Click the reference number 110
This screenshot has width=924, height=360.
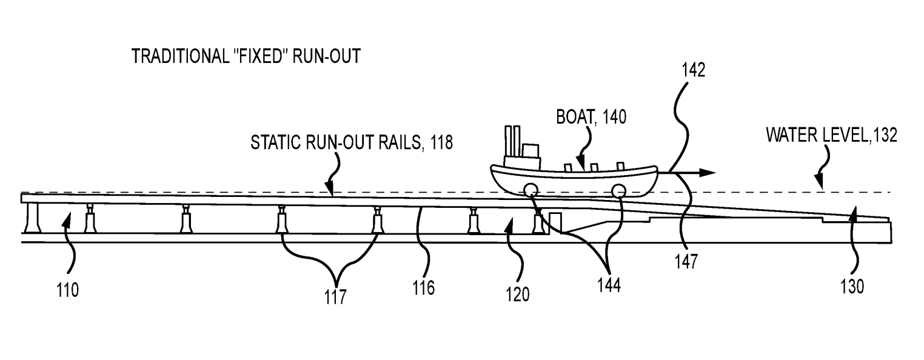[67, 290]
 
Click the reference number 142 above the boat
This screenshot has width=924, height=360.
[694, 70]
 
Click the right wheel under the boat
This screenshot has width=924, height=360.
[619, 191]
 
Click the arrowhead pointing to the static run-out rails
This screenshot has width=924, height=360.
[331, 190]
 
